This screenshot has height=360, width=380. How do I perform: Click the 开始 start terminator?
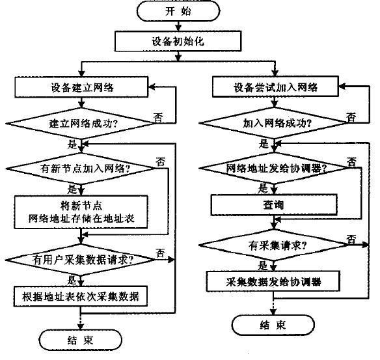click(178, 11)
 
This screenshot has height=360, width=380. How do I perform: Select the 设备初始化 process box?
click(178, 41)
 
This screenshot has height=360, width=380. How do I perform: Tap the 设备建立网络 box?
click(81, 87)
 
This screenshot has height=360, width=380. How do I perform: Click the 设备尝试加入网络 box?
click(275, 87)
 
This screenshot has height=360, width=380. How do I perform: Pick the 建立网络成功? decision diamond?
click(81, 124)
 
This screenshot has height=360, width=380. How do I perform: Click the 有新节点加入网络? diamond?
click(81, 168)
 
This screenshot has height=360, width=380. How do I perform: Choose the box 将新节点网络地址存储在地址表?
click(81, 212)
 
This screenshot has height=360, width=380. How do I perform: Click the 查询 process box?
click(274, 205)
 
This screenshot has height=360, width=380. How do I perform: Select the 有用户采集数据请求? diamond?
click(81, 260)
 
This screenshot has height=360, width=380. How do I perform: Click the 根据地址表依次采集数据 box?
click(81, 296)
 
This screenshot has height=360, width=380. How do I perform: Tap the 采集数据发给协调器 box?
click(273, 281)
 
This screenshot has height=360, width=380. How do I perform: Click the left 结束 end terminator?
click(81, 340)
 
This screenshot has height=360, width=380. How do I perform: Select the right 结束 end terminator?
click(273, 325)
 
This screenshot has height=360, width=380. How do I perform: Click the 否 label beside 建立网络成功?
click(158, 118)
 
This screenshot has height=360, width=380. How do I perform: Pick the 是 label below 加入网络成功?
click(264, 143)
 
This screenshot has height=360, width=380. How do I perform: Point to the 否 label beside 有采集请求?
click(351, 240)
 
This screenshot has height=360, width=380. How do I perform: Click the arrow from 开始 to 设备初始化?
click(178, 26)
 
